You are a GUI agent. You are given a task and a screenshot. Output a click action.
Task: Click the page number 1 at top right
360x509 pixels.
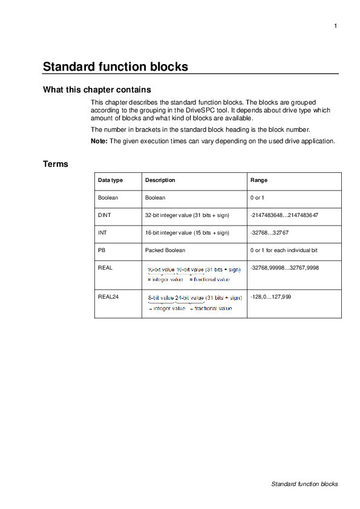click(335, 25)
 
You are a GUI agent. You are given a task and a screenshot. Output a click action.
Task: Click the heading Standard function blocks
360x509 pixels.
click(115, 66)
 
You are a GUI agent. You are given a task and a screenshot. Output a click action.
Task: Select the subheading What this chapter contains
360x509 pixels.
click(96, 90)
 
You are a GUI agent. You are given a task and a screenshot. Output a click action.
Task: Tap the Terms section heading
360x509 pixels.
click(55, 164)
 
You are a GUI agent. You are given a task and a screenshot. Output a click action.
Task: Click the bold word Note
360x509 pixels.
click(99, 141)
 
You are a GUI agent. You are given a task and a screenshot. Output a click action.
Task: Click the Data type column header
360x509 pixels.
click(111, 180)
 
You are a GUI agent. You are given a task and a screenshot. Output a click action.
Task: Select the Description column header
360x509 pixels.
click(160, 180)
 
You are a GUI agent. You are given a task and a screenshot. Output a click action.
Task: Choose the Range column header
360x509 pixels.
click(259, 180)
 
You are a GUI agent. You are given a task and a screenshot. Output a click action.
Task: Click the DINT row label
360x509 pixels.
click(105, 215)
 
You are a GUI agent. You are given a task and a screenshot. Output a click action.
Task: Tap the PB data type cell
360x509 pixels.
click(102, 250)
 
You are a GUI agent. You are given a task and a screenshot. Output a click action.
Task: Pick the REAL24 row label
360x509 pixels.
click(108, 296)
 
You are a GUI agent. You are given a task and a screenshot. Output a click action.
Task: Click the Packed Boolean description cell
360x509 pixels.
click(165, 250)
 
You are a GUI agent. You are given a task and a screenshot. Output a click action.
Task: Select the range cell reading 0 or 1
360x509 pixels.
click(257, 198)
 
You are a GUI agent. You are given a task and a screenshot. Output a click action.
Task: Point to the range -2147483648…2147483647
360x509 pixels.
click(284, 215)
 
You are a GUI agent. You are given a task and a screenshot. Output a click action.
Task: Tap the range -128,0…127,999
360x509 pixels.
click(270, 296)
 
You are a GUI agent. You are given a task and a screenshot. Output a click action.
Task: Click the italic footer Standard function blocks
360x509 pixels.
click(304, 484)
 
